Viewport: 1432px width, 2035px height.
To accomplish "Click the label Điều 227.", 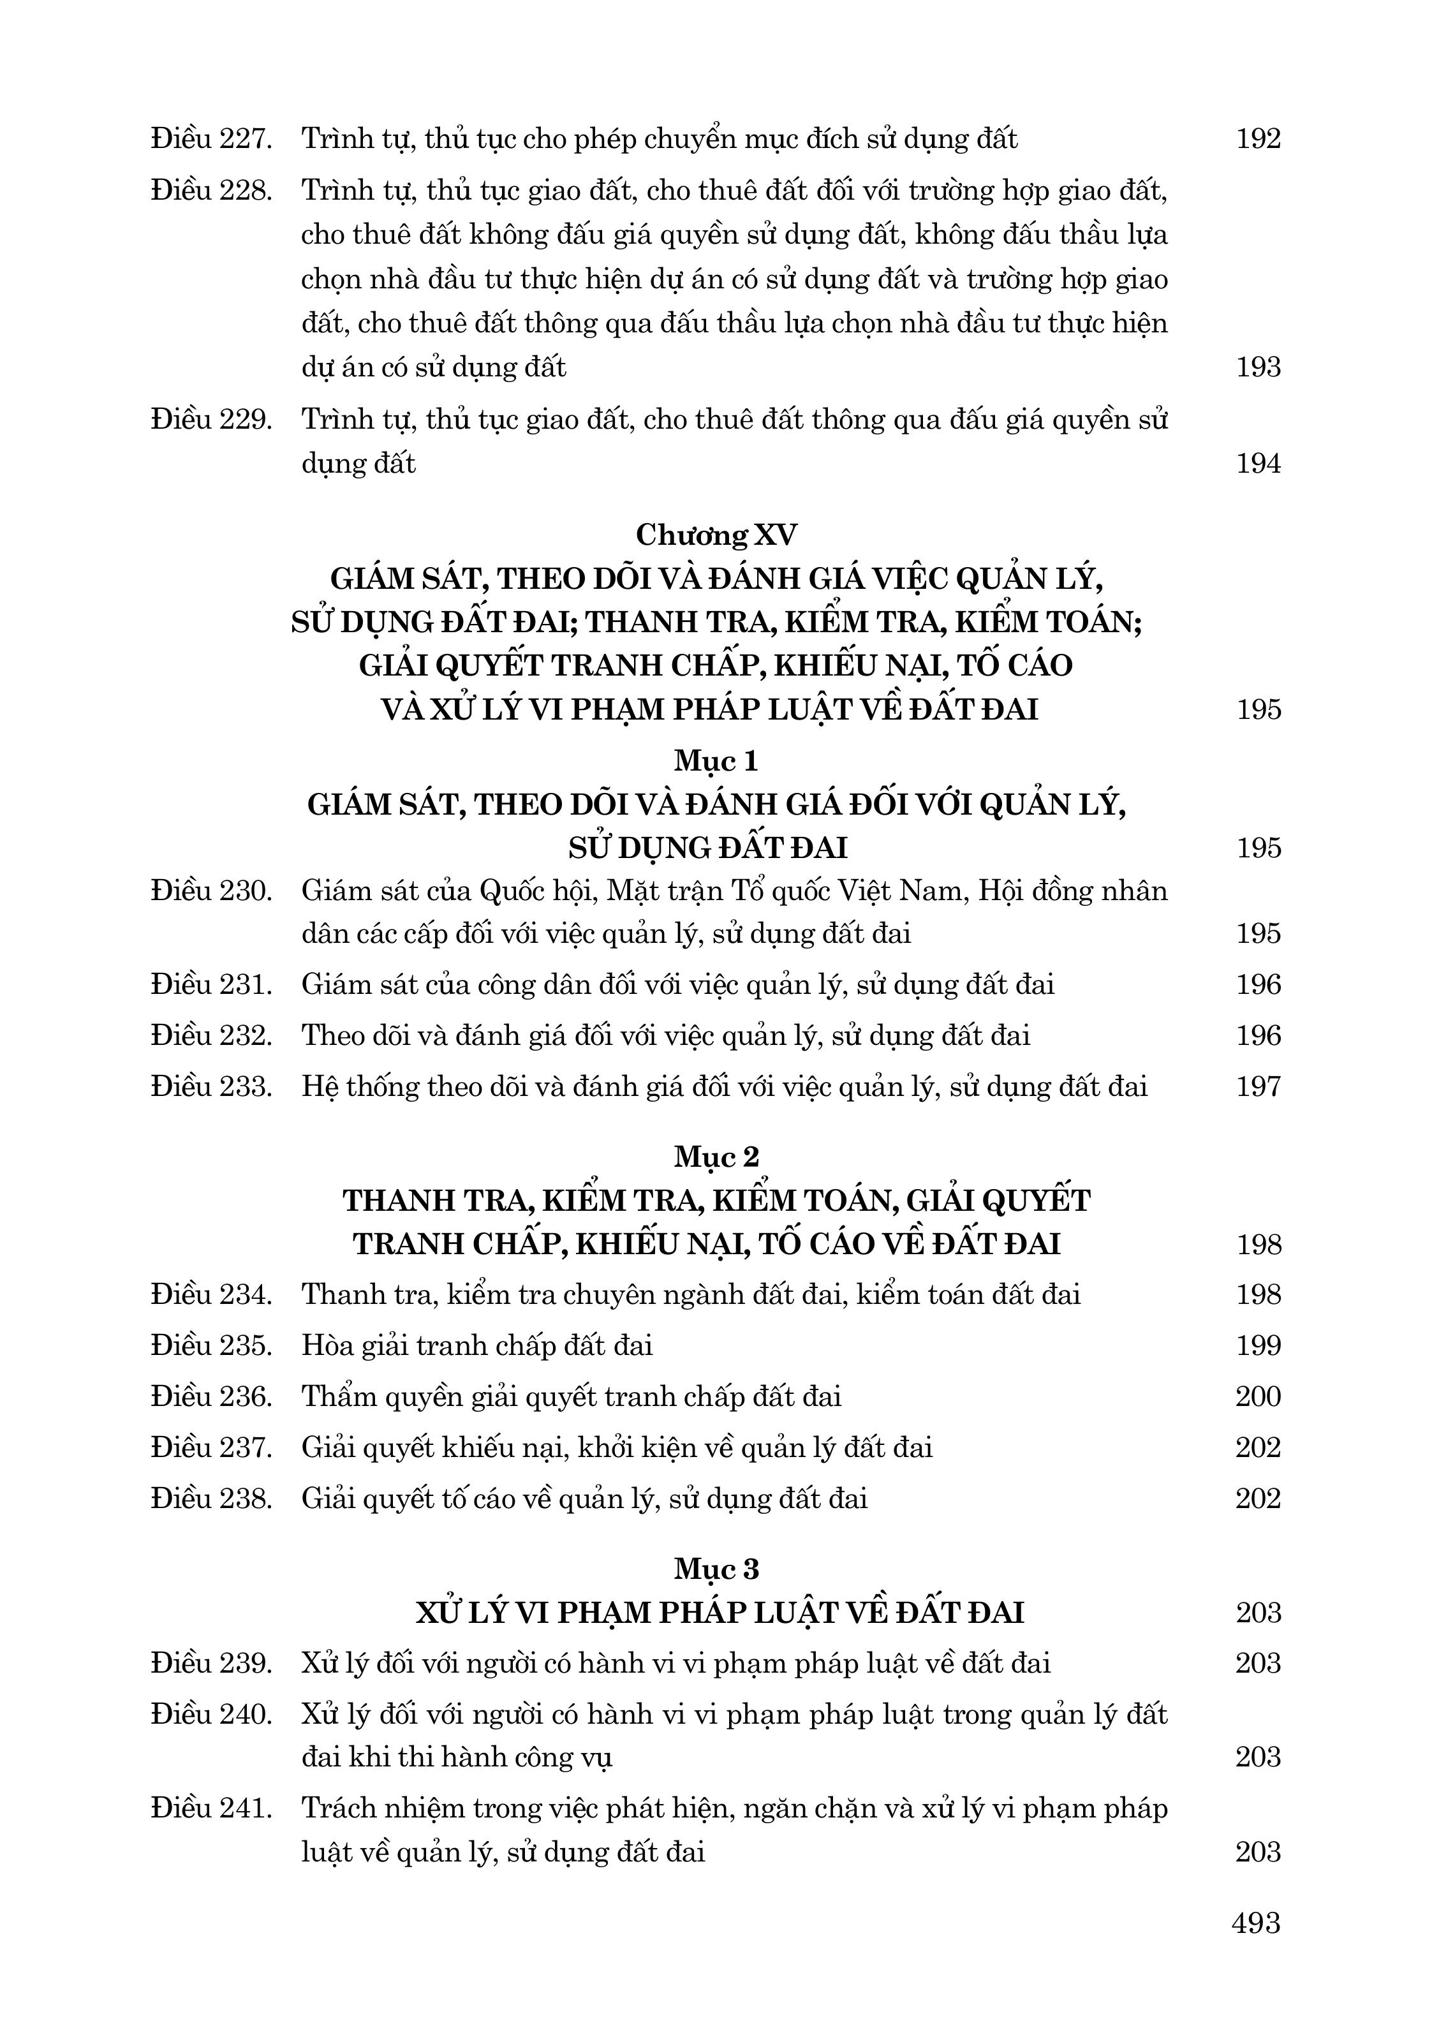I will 211,139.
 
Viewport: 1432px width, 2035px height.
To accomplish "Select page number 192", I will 1259,139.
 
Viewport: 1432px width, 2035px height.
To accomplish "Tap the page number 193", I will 1259,367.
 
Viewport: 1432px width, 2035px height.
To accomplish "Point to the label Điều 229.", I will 211,419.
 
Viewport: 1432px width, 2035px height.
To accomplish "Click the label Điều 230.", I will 211,890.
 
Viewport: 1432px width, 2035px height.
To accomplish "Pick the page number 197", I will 1259,1086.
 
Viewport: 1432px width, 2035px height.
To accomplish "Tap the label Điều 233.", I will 211,1086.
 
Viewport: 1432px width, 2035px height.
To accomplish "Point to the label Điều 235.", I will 211,1345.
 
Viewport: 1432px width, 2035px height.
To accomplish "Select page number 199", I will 1259,1345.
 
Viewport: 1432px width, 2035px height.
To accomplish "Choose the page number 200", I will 1259,1397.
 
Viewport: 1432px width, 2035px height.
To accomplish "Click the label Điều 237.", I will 211,1447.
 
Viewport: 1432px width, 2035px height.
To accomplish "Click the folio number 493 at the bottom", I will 1257,1923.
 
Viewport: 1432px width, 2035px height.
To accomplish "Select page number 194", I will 1259,464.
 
